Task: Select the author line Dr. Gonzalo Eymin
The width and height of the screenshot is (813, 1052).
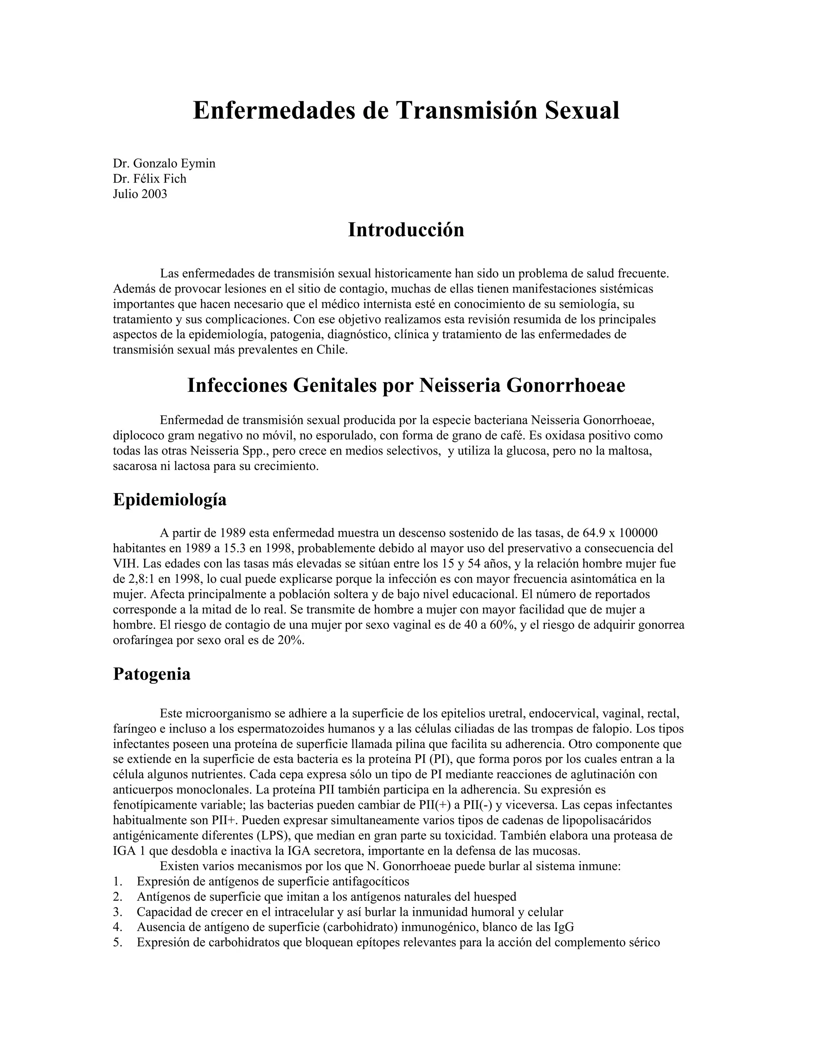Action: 164,163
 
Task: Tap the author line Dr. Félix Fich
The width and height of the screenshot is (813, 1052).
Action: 149,179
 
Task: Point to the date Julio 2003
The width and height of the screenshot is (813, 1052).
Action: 140,194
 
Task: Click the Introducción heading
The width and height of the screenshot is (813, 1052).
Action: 406,230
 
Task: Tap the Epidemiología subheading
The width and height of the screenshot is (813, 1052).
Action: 170,499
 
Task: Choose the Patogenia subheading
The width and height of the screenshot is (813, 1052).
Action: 152,674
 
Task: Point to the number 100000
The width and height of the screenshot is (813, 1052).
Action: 638,533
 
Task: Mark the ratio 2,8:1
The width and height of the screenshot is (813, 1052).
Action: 143,579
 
